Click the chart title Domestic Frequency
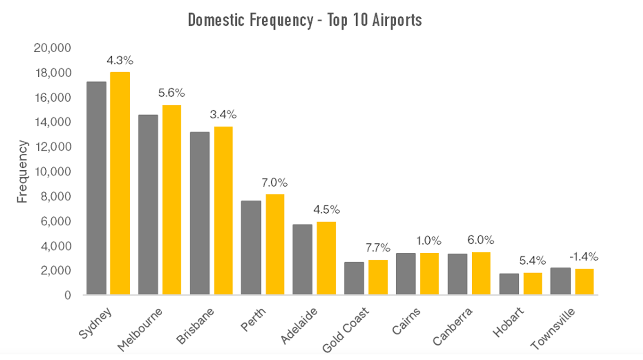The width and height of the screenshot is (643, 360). [305, 20]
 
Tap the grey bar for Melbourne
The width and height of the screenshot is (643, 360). [148, 205]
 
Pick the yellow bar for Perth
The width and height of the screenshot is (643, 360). [275, 244]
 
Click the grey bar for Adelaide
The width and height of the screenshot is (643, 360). [302, 259]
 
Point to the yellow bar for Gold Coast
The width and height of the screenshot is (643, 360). [378, 277]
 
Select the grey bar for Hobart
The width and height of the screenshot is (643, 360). [509, 284]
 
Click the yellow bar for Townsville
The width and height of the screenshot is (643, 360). [584, 282]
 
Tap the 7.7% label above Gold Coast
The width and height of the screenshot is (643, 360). [378, 247]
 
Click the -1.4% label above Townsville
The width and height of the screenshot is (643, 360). [584, 256]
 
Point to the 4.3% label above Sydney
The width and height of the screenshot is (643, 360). [120, 60]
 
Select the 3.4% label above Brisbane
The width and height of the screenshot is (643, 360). [223, 114]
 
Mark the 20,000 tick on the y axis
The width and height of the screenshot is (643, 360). [53, 48]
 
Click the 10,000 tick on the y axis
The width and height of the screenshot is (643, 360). [53, 172]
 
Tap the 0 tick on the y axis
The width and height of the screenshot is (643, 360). [68, 295]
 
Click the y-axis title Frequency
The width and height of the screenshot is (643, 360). [22, 172]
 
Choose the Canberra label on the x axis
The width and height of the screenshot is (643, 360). [453, 326]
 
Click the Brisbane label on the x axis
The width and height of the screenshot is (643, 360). [196, 326]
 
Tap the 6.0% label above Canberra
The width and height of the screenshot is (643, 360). [481, 240]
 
